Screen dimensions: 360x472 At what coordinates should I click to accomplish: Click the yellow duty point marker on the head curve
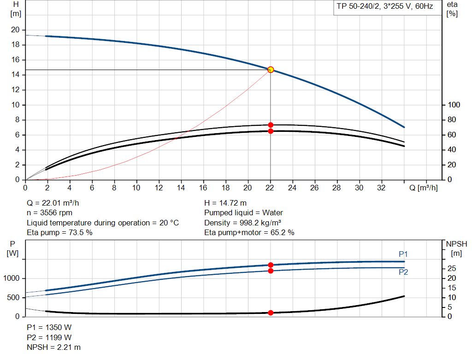coord(271,70)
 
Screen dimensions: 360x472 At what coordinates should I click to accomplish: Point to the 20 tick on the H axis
coord(15,30)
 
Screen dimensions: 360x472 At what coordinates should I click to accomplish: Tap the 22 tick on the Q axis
coord(270,188)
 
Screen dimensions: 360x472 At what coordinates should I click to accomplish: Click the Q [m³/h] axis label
coord(424,188)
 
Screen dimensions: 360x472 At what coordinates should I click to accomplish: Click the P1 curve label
coord(403,254)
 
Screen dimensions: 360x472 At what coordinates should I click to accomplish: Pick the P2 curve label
coord(403,272)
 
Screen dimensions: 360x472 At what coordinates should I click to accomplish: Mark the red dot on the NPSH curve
coord(271,313)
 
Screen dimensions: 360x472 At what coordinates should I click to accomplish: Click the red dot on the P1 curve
coord(271,265)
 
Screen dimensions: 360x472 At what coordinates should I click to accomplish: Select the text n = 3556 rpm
coord(49,213)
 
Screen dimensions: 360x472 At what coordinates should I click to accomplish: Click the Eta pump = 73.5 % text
coord(59,233)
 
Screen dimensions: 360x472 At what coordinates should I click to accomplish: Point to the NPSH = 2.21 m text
coord(53,347)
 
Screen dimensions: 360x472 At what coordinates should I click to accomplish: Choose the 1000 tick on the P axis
coord(12,278)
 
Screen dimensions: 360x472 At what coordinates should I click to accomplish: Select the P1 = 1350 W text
coord(49,328)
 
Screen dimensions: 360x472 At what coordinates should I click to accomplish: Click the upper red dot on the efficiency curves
coord(271,125)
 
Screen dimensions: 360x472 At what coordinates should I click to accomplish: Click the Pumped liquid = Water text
coord(243,213)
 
